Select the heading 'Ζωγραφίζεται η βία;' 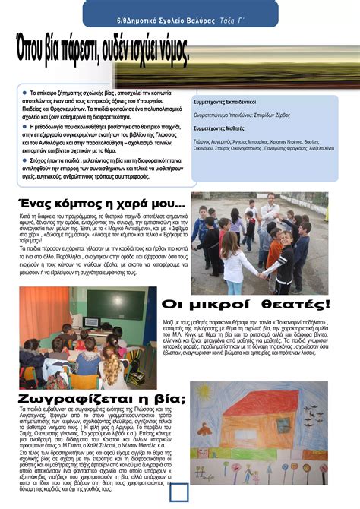click(93, 400)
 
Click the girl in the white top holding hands click(232, 262)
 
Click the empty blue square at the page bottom click(179, 493)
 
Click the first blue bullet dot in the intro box click(24, 90)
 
